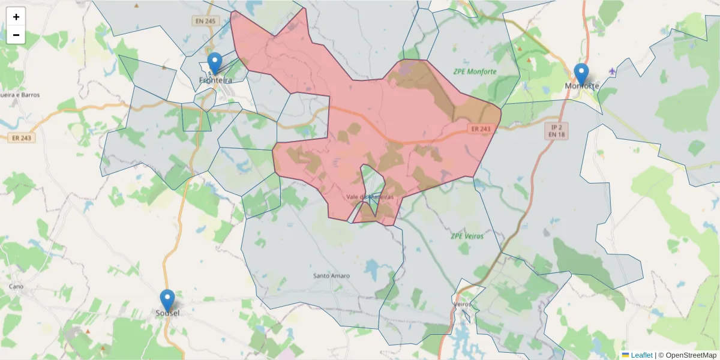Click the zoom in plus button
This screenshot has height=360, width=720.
click(16, 17)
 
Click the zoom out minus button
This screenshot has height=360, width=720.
click(16, 35)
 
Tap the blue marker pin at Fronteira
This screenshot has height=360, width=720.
click(214, 62)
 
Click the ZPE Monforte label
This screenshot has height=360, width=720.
click(475, 71)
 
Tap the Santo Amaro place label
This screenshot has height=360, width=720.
click(331, 276)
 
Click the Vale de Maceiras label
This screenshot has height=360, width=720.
click(370, 197)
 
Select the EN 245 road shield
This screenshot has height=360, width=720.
click(205, 21)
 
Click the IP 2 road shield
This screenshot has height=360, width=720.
click(556, 127)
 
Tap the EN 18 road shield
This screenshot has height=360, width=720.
click(556, 136)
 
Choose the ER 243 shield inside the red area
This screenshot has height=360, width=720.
click(481, 129)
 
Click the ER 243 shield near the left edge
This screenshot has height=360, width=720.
click(23, 137)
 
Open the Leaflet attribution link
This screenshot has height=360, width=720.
click(641, 355)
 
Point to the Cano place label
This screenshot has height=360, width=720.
click(16, 287)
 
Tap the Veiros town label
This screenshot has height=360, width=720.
click(463, 304)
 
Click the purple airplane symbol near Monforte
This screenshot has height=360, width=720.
click(612, 72)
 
